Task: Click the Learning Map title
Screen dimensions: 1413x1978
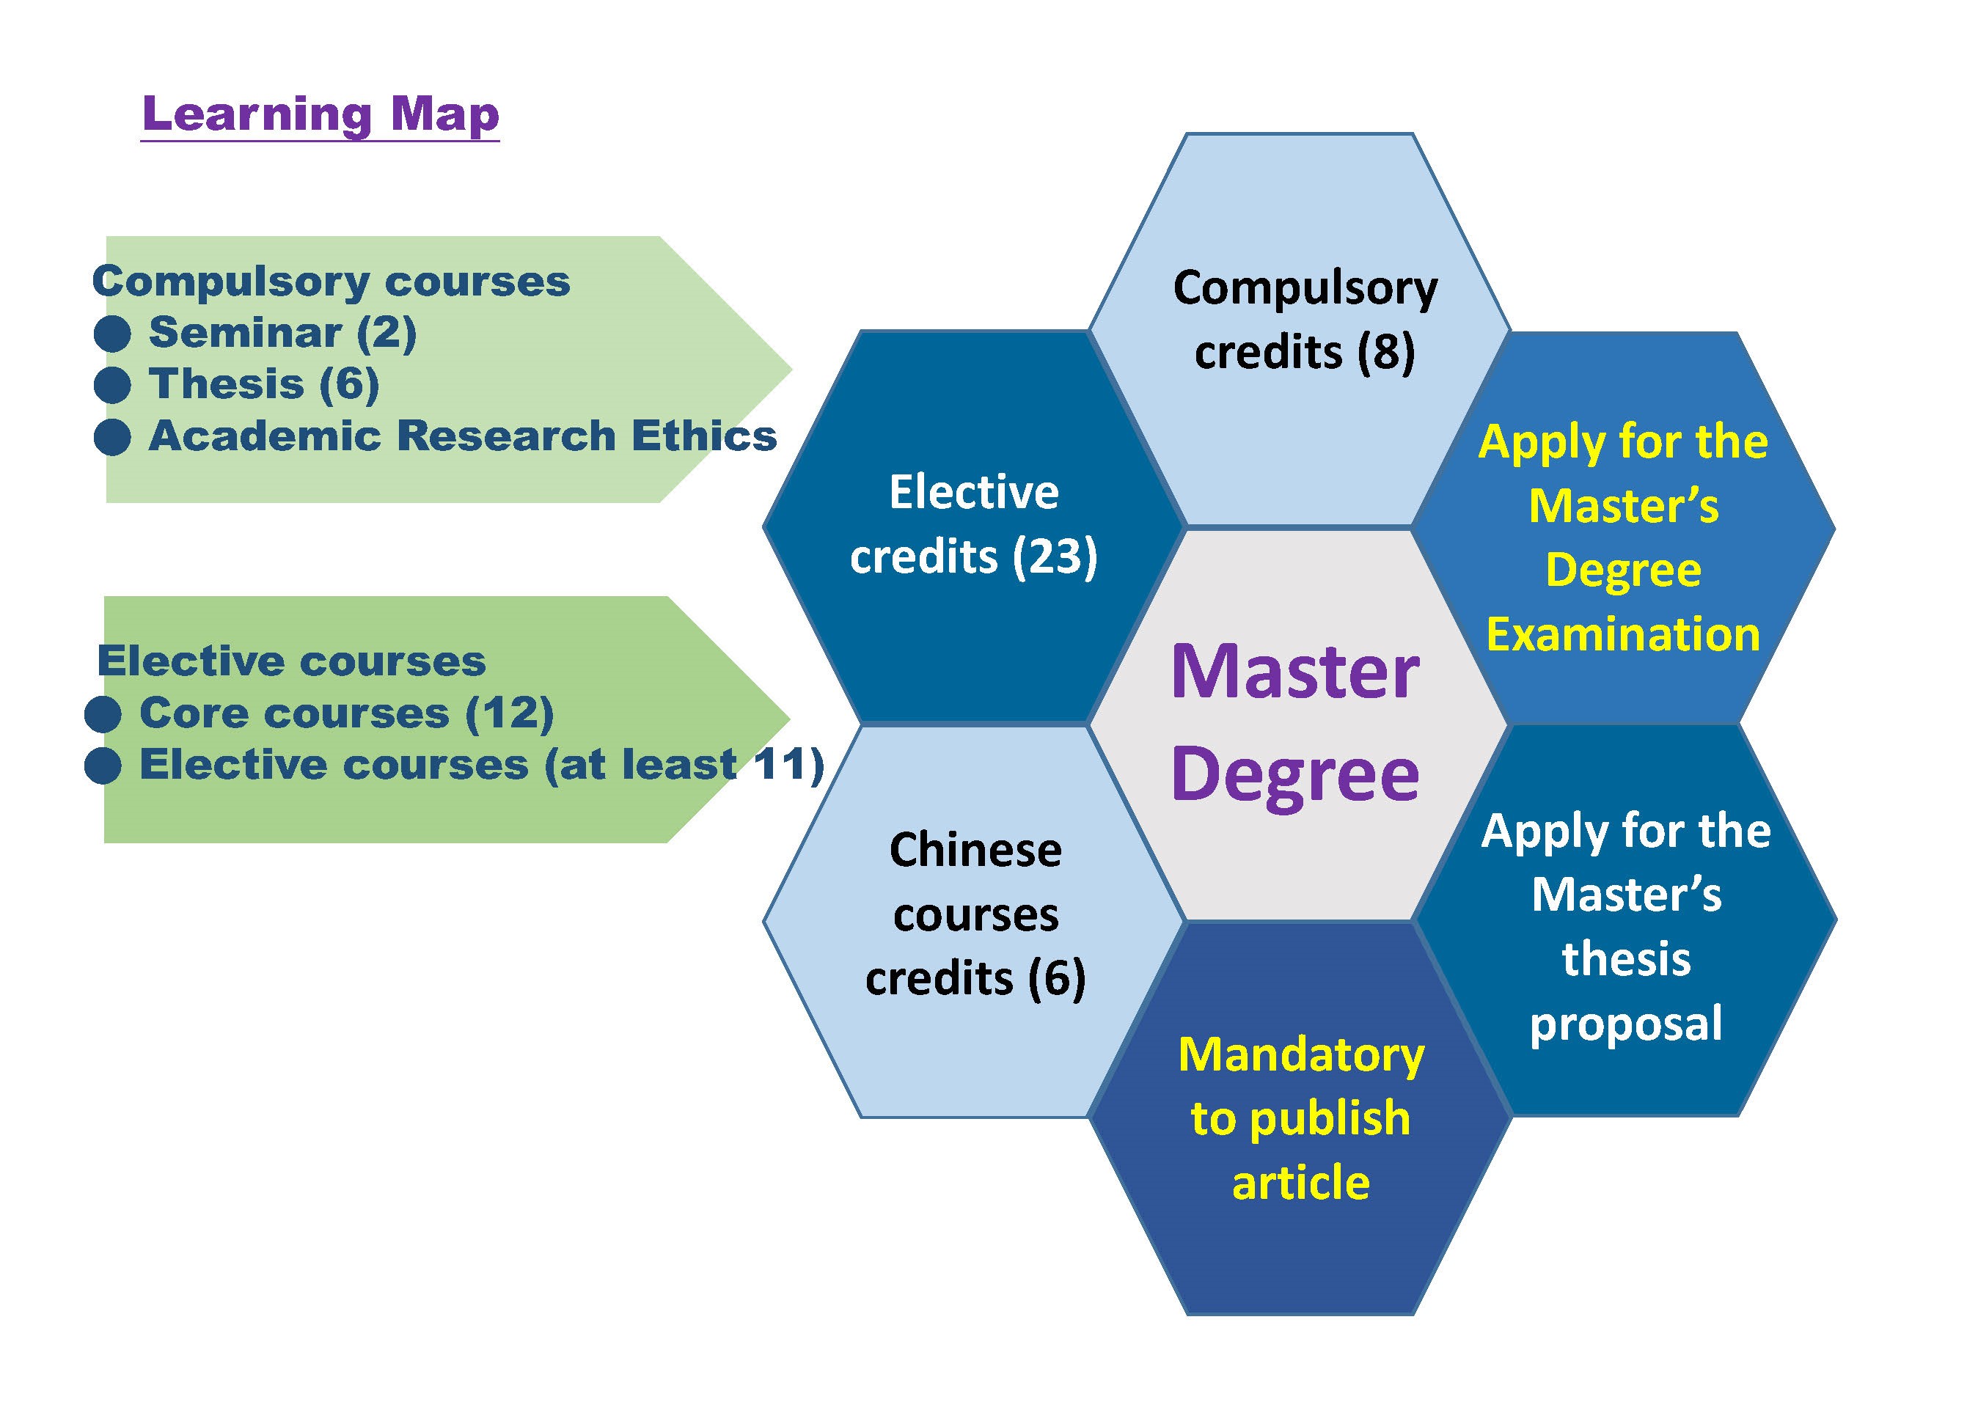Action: pos(320,114)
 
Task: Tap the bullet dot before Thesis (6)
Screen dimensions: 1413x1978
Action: pos(112,384)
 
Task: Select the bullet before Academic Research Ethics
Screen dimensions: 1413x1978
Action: pos(112,437)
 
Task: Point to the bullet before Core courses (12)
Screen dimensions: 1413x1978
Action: pos(103,714)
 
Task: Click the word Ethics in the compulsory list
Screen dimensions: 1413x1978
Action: pos(703,436)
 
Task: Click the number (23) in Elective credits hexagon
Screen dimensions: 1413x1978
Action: pos(1054,557)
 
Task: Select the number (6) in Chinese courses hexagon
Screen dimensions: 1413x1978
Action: pos(1055,978)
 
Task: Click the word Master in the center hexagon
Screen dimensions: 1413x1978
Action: pos(1295,672)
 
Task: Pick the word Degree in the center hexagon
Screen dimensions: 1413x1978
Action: pos(1295,774)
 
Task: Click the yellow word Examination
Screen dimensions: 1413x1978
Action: pos(1623,634)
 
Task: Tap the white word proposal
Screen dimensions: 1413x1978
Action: pos(1625,1022)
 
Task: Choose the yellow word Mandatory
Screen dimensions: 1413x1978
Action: pos(1301,1054)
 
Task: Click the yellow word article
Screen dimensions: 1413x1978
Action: pos(1301,1183)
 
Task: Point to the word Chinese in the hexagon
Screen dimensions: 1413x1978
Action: pos(975,850)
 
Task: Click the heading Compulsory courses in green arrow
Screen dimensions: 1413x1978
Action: pos(331,282)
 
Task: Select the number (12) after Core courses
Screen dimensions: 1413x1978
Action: pos(509,713)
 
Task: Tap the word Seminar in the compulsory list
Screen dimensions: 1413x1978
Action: pos(246,332)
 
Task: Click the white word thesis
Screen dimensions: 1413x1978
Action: pos(1625,959)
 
